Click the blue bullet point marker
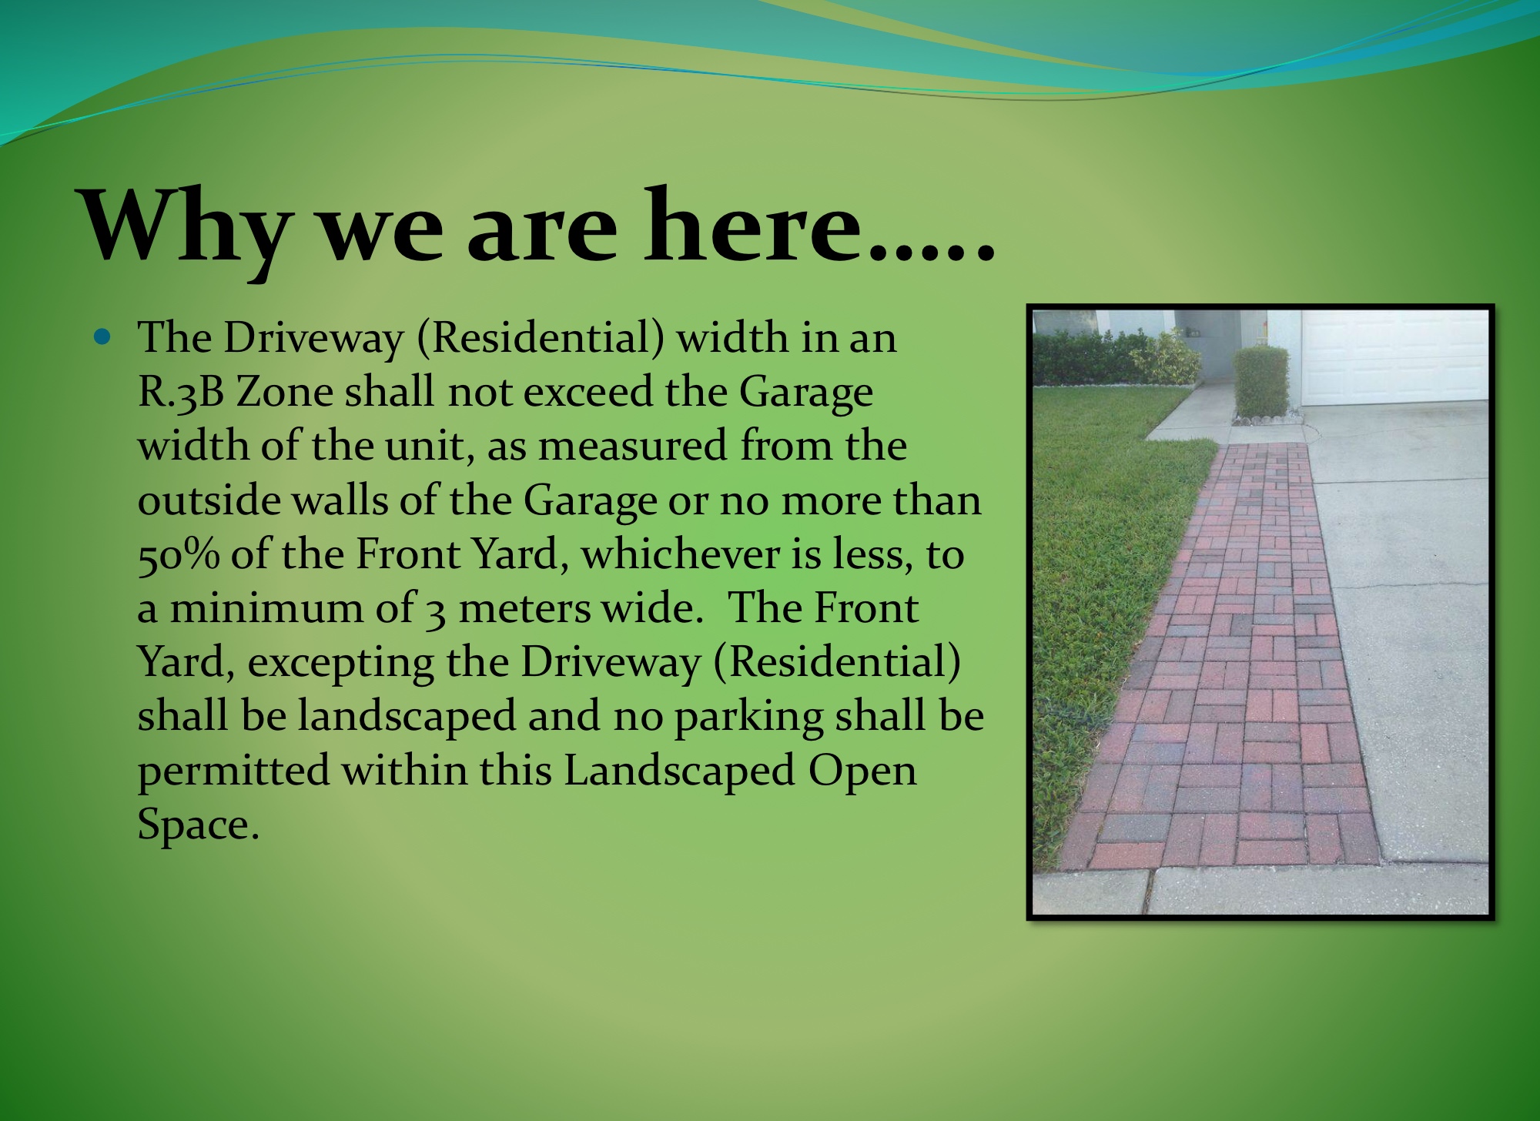102,336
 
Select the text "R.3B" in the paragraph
180,393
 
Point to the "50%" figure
179,555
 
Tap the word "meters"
527,609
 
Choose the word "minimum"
264,608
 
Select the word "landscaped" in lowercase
407,717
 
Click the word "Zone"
284,392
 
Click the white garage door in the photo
1394,357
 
